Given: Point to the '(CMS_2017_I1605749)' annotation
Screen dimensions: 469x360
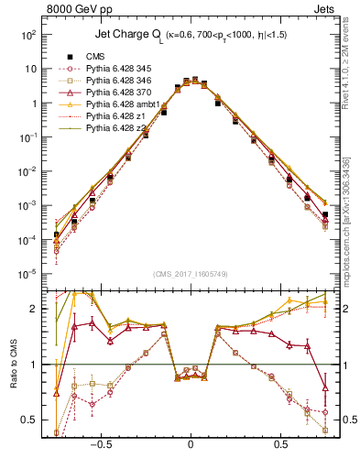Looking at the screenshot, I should point(191,275).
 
